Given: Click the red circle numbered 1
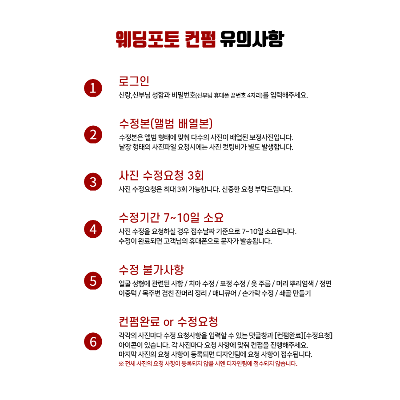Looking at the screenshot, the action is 93,88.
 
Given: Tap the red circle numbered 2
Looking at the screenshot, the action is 93,134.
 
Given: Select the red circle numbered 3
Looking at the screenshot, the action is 93,182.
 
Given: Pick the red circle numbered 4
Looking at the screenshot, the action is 93,229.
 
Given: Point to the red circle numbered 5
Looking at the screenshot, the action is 93,281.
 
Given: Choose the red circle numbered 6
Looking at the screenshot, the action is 93,341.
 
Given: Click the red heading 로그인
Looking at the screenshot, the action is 134,81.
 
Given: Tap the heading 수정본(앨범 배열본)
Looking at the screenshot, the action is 166,124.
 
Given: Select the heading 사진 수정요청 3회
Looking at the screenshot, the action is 161,175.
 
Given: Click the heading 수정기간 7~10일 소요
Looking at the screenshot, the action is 171,218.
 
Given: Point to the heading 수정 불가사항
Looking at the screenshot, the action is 151,270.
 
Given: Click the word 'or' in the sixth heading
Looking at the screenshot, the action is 168,322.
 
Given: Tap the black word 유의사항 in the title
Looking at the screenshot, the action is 252,39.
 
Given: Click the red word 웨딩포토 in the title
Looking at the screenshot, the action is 148,39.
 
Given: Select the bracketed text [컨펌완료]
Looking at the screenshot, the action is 289,336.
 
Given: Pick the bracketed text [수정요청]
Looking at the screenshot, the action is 318,336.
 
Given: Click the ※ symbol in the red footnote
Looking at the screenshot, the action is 121,364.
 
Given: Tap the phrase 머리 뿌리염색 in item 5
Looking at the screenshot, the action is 295,284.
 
